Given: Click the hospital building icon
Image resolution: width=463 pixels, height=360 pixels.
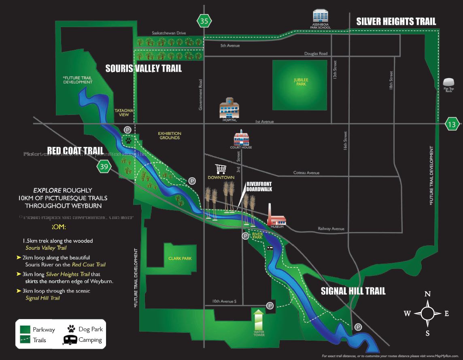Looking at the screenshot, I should pos(229,109).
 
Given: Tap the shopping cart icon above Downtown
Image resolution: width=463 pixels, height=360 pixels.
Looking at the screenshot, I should pos(221,169).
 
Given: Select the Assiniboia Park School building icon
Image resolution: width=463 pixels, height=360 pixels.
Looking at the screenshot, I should pos(322,17).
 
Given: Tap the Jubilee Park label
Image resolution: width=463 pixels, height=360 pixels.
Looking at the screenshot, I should pos(301,82).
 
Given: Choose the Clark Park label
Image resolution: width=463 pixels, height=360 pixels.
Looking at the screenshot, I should pos(180,258).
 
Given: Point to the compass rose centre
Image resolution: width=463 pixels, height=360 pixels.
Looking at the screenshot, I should pos(427,313).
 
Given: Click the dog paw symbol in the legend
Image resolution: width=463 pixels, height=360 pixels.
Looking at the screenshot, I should pos(72,328).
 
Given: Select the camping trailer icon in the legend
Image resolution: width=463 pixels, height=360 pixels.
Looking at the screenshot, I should pos(70,340).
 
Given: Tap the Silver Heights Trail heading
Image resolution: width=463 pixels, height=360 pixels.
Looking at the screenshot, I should pos(396,21).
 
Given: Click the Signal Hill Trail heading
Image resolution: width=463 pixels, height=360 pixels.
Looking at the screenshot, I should pos(353,291).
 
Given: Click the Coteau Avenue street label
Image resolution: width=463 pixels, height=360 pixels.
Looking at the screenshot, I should pos(306,173).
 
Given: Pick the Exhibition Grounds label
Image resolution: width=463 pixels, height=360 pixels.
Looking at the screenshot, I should pos(170,136).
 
